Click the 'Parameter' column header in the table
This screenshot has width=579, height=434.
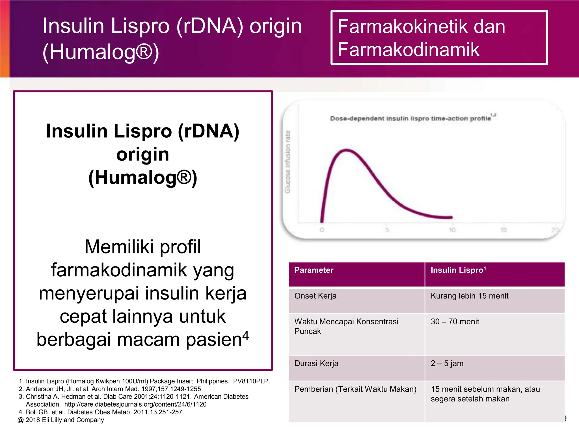tap(314, 270)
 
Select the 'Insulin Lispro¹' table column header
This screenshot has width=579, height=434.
tap(458, 270)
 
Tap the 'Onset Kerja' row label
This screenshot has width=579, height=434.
tap(315, 296)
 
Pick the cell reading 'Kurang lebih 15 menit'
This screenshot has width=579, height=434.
tap(469, 296)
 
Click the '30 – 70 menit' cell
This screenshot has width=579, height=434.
tap(455, 322)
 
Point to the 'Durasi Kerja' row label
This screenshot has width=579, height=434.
tap(316, 363)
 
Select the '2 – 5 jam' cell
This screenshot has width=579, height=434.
tap(447, 363)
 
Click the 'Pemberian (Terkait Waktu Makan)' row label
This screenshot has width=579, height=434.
tap(355, 389)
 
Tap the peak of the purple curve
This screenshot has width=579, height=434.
tap(347, 150)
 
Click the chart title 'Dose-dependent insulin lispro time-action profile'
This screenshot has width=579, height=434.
tap(411, 118)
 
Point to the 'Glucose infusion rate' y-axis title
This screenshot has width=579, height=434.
tap(288, 162)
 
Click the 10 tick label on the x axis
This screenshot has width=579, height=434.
tap(452, 230)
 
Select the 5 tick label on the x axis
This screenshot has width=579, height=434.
tap(387, 230)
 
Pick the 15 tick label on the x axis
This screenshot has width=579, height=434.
tap(504, 230)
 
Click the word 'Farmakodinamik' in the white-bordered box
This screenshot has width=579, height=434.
tap(409, 50)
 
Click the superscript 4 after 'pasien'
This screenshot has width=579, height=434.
tap(246, 336)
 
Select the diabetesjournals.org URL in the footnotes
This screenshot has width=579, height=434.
tap(135, 404)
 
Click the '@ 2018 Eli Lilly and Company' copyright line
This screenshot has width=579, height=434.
tap(61, 420)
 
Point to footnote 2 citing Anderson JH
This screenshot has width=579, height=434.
tap(110, 389)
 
